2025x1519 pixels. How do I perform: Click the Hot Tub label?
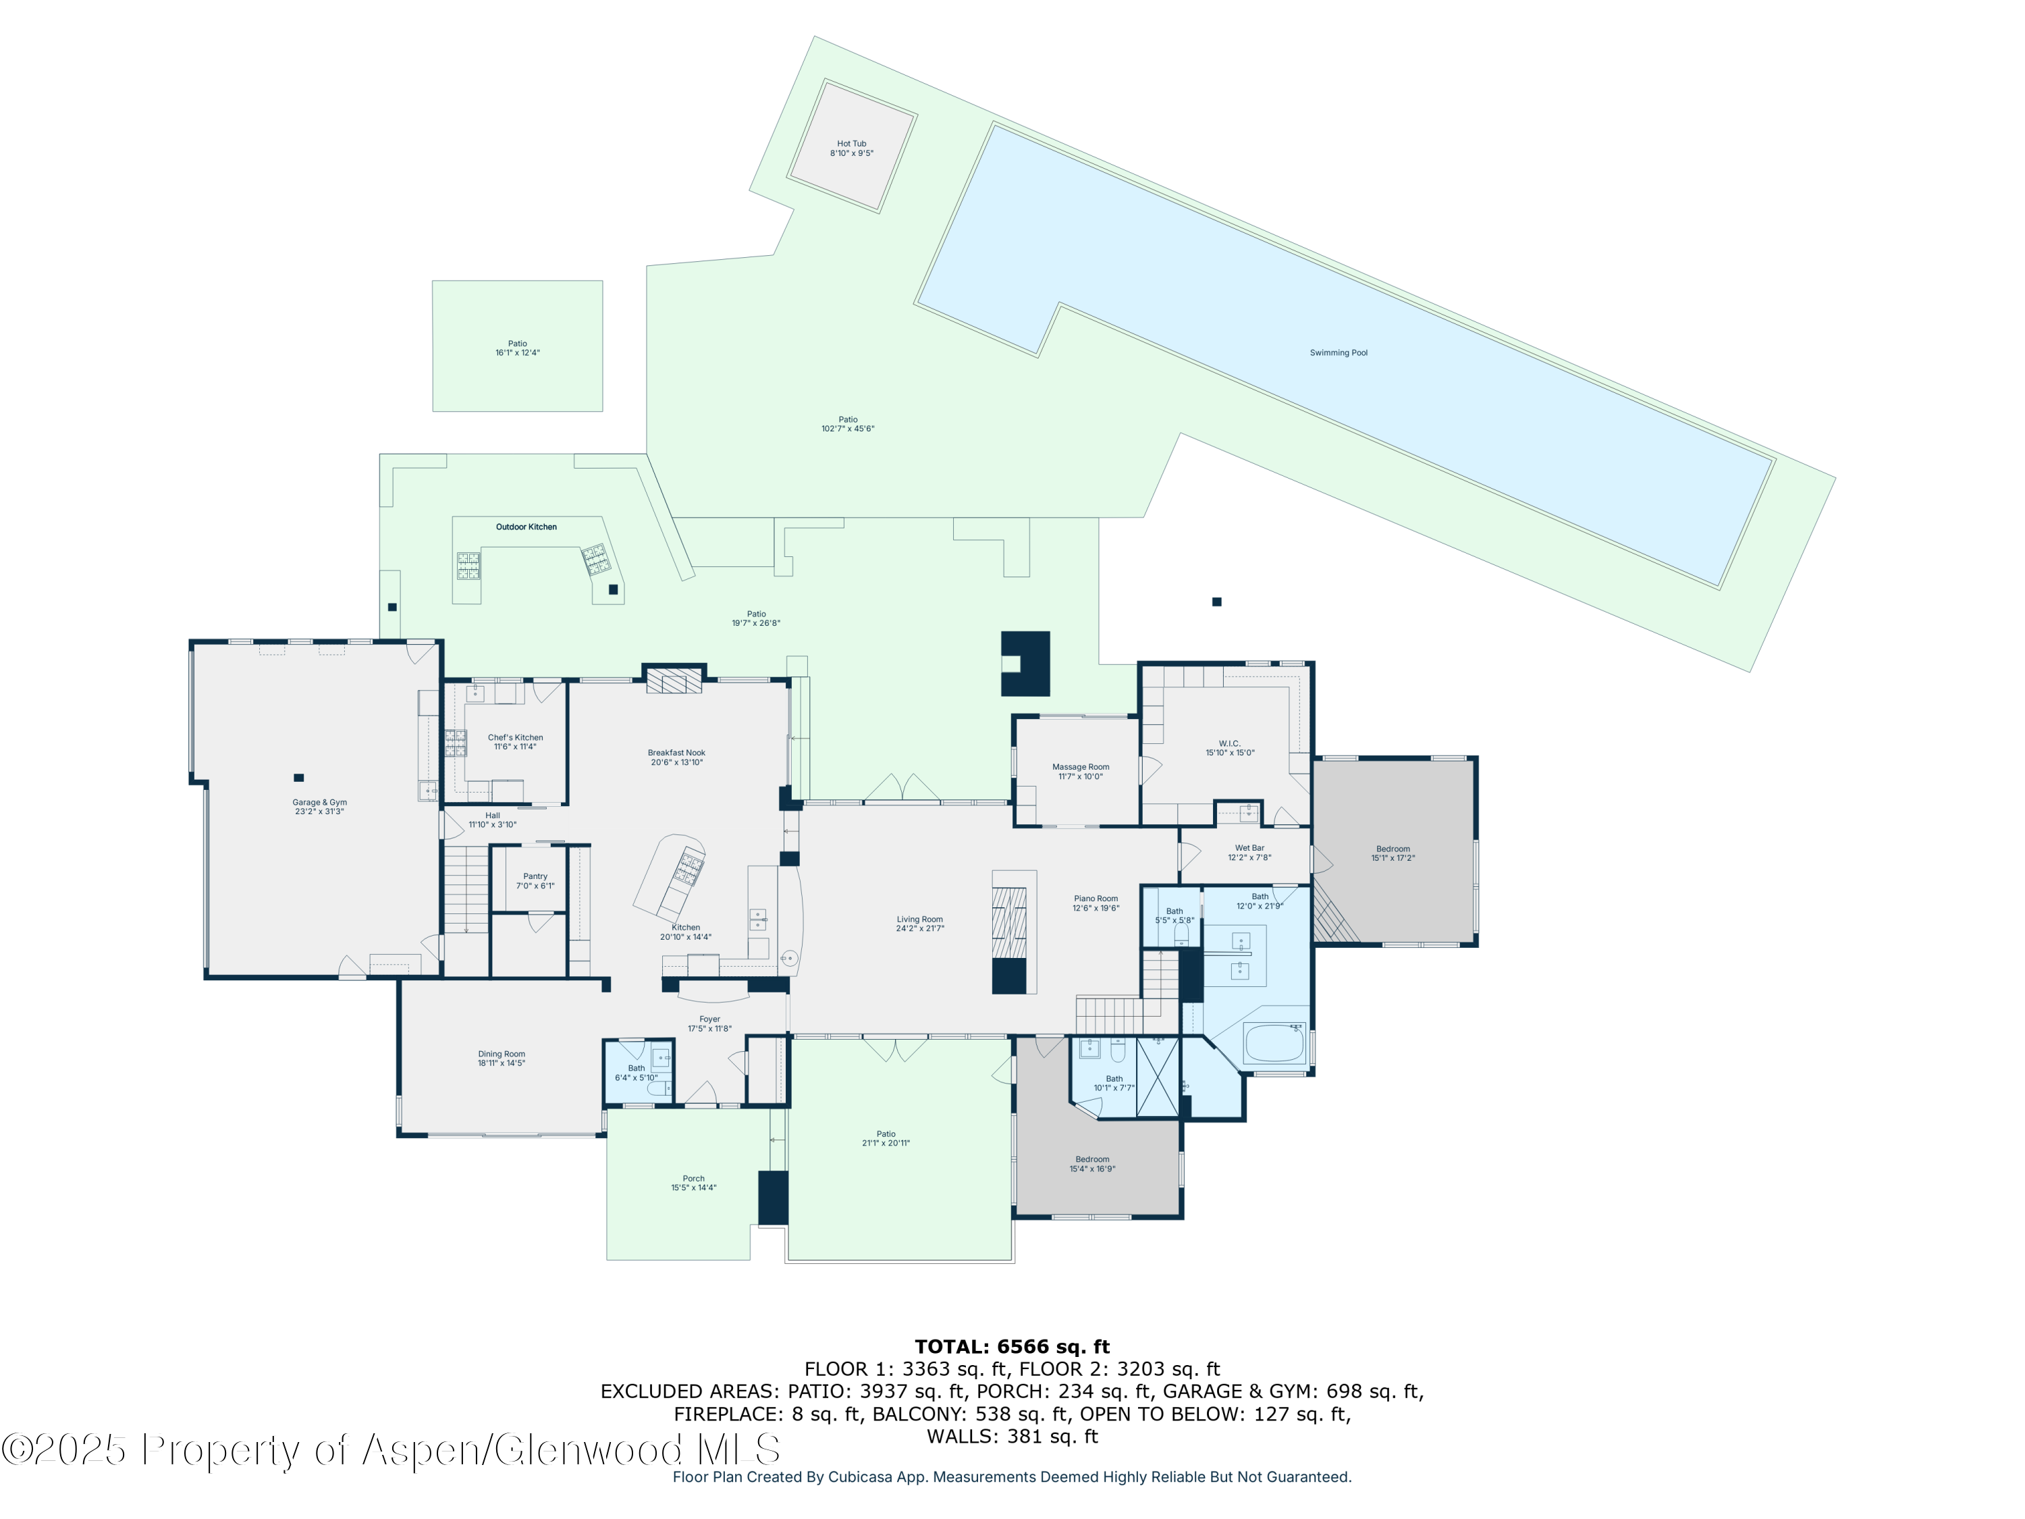tap(851, 144)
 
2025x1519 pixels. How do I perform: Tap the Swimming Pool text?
tap(1339, 352)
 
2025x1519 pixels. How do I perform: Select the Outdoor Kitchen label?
tap(526, 527)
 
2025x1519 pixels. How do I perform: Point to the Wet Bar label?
tap(1249, 848)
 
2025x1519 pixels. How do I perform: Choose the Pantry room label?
tap(535, 876)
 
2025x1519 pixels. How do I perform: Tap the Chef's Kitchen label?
tap(516, 737)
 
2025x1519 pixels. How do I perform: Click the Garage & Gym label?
tap(319, 802)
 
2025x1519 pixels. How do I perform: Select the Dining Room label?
tap(502, 1054)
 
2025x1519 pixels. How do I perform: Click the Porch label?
tap(694, 1178)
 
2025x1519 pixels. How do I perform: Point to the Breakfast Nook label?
tap(676, 753)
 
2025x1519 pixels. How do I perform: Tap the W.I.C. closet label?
tap(1229, 743)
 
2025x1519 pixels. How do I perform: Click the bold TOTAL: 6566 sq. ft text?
tap(1012, 1347)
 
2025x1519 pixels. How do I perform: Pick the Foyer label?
tap(709, 1019)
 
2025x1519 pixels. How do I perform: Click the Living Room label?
tap(920, 920)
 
